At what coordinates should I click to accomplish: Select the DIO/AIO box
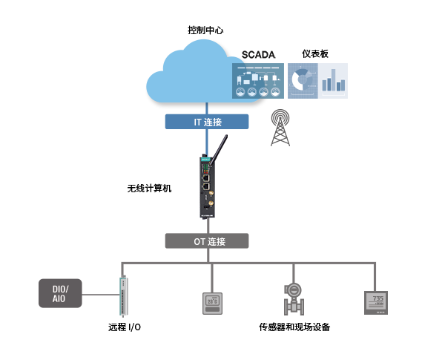tap(61, 293)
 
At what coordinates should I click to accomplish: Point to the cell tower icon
tap(280, 128)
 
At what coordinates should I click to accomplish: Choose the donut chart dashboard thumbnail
tap(303, 81)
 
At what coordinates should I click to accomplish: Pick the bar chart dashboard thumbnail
tap(334, 81)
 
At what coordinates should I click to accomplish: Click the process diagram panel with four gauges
tap(259, 81)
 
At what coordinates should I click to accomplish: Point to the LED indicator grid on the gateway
tap(204, 166)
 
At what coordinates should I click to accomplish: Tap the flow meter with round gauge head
tap(294, 298)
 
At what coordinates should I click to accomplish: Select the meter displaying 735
tap(376, 302)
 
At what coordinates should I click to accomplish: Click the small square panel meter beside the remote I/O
tap(214, 304)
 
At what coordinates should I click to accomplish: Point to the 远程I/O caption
tap(124, 327)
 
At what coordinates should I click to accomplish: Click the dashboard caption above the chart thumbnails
tap(315, 53)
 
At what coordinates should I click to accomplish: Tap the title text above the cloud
tap(205, 30)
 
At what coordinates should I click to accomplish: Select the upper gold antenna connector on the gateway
tap(209, 198)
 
